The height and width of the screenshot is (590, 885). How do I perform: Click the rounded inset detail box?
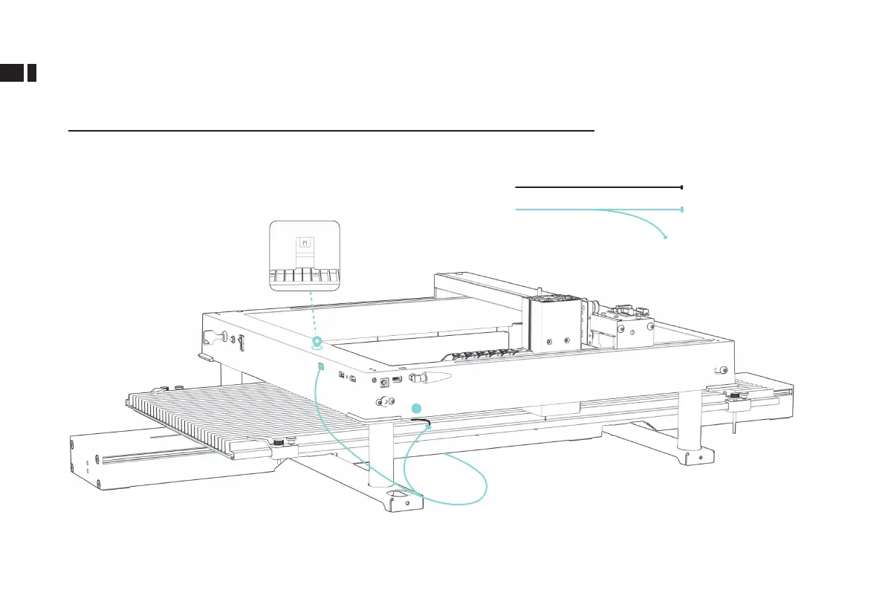(x=305, y=255)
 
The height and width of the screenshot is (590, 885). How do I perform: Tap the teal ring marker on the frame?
(x=317, y=342)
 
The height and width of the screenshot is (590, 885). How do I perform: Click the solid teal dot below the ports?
(x=418, y=407)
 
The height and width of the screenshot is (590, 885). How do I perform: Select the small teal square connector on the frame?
(x=320, y=366)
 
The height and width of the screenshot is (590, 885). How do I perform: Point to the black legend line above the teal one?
(x=598, y=188)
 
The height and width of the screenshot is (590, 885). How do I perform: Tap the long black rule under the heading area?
(x=331, y=130)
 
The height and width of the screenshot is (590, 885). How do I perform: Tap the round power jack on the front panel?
(x=385, y=382)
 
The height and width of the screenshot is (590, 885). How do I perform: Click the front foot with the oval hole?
(x=401, y=499)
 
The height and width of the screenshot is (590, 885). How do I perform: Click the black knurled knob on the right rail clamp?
(x=736, y=392)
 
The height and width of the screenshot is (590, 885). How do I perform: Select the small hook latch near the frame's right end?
(x=720, y=370)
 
